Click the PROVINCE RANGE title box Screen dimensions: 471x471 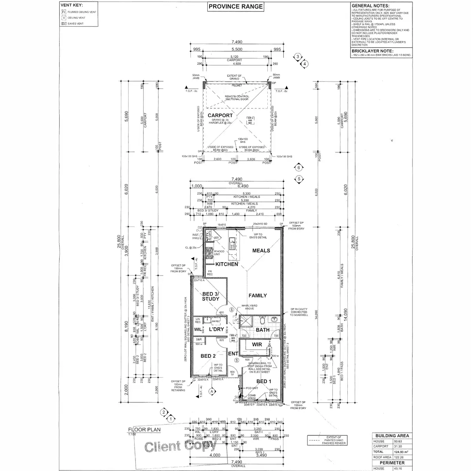[x=235, y=6]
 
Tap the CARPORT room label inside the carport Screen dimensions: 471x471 [x=220, y=115]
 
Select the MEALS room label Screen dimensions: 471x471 [x=261, y=250]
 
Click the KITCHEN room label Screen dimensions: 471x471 [x=226, y=264]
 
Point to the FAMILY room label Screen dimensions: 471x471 [x=257, y=296]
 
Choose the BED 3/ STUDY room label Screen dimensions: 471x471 [x=210, y=296]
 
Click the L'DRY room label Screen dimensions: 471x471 [x=216, y=330]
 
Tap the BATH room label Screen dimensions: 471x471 [x=263, y=330]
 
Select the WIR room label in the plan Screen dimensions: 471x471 [x=257, y=344]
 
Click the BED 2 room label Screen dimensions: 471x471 [x=208, y=356]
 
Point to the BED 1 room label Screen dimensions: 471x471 [x=264, y=381]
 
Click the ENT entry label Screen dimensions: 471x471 [x=234, y=354]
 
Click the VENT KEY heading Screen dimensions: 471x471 [x=71, y=5]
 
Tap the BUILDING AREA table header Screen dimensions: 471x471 [x=392, y=436]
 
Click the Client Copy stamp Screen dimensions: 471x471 [x=180, y=447]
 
